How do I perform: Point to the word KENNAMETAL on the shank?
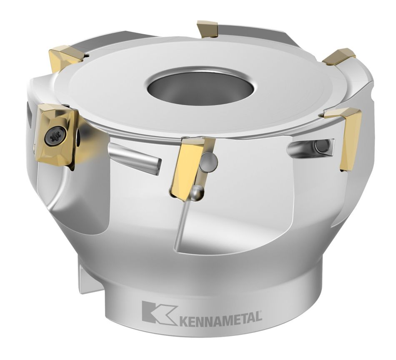221,318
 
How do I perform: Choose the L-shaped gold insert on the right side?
348,133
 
